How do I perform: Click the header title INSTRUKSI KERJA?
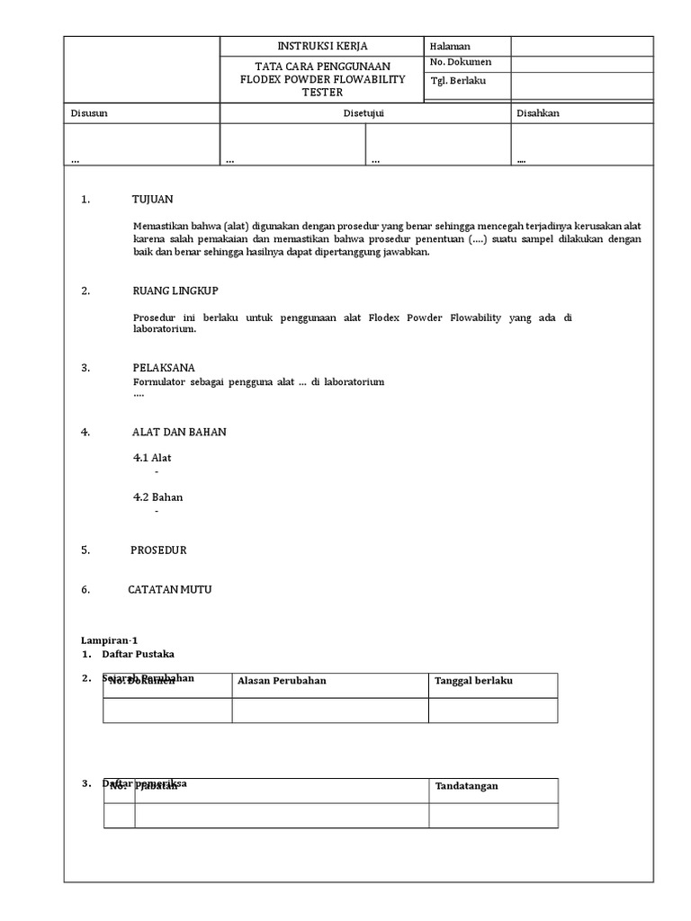click(x=321, y=46)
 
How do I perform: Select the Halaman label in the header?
click(x=450, y=47)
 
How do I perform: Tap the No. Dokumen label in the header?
click(x=461, y=62)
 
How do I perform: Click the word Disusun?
click(x=89, y=113)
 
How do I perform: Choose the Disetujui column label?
click(x=365, y=113)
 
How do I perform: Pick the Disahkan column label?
click(x=538, y=113)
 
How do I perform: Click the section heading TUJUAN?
click(x=152, y=200)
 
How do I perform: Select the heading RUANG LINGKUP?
click(x=175, y=291)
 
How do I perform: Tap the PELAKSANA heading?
click(x=163, y=368)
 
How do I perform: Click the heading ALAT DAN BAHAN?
click(x=179, y=432)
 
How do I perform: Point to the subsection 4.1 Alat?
click(x=152, y=458)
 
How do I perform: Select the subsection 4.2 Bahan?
click(x=157, y=497)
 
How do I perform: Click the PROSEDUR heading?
click(x=158, y=550)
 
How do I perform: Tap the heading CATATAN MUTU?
click(x=170, y=590)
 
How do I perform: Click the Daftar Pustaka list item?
click(x=138, y=654)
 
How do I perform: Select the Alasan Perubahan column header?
click(x=282, y=681)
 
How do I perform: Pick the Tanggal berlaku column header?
click(x=473, y=681)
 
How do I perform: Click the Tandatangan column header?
click(x=466, y=786)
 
